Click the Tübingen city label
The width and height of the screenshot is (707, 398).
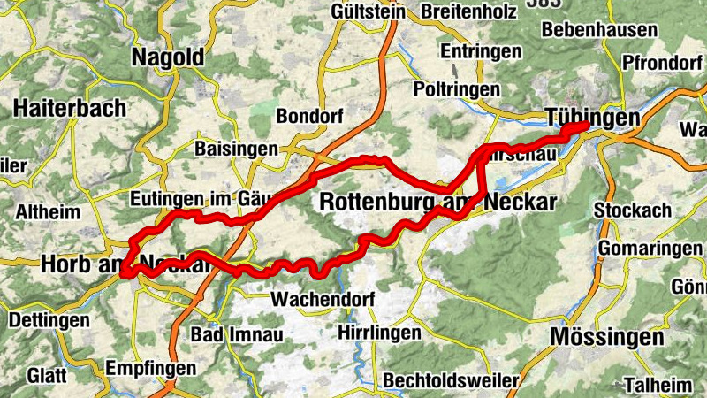(592, 118)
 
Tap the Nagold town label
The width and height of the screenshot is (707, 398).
(168, 58)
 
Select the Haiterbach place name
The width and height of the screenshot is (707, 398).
(69, 108)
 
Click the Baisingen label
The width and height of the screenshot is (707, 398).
(236, 149)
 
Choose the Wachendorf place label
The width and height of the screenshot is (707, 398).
(323, 299)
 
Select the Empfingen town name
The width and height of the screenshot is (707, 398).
(148, 367)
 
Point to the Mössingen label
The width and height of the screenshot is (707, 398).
(606, 337)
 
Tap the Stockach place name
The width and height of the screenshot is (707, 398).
(633, 211)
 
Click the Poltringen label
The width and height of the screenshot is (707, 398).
(456, 89)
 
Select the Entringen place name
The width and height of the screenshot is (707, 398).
(481, 51)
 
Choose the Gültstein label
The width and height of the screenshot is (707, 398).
(368, 12)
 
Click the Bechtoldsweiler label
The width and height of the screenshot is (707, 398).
(452, 380)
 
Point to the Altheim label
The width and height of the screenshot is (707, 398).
(48, 212)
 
